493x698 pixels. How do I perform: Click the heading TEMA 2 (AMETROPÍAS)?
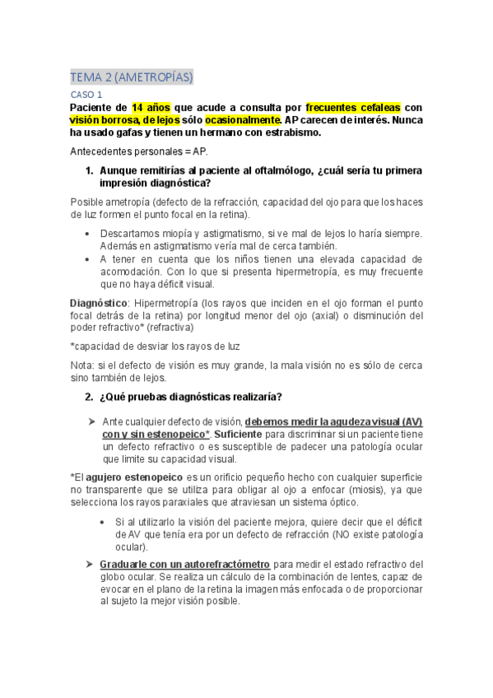click(x=132, y=77)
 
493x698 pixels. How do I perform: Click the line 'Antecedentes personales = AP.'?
click(x=139, y=152)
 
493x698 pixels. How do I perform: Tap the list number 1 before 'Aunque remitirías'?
click(x=90, y=171)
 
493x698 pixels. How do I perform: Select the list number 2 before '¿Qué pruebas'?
click(x=90, y=398)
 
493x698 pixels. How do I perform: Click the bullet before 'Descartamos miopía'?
click(x=89, y=234)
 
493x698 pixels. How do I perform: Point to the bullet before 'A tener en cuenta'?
click(x=89, y=258)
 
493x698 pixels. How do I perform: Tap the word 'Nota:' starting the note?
click(x=83, y=365)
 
